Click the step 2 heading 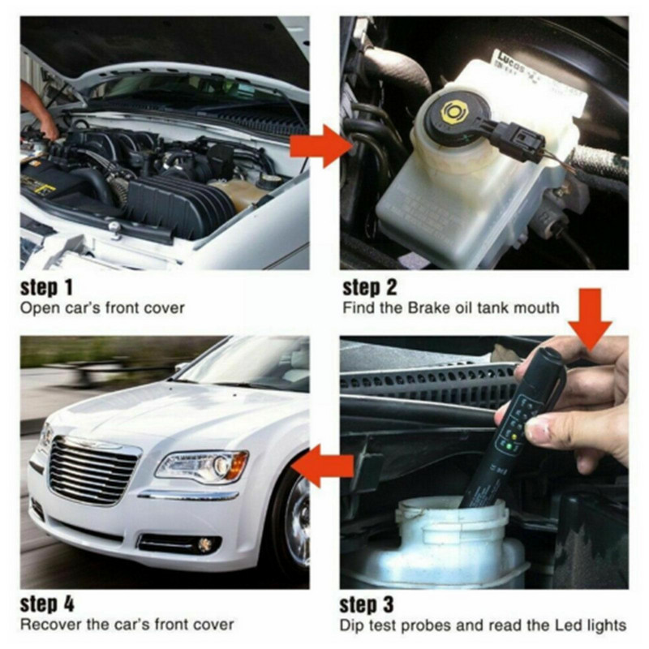coord(370,289)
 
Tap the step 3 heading coord(370,605)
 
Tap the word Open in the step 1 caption coord(37,307)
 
